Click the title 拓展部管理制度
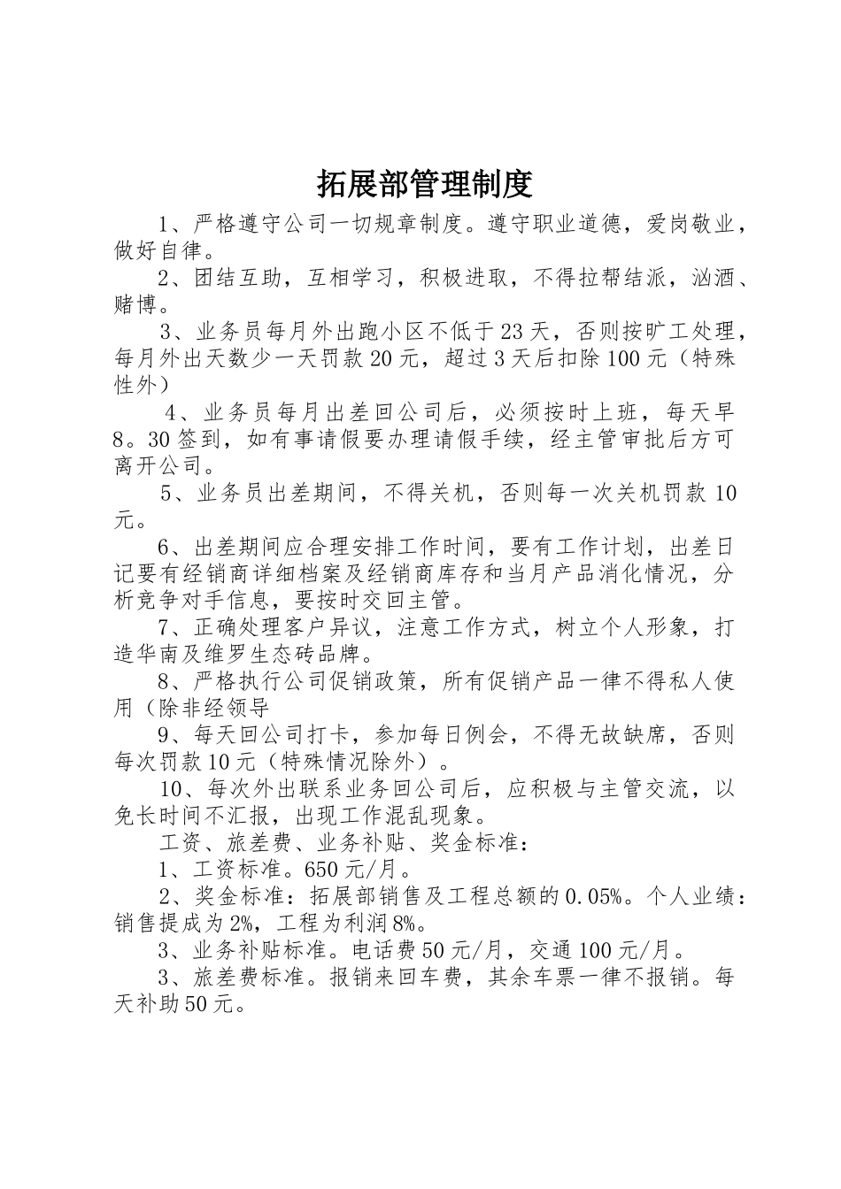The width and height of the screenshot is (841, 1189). tap(424, 184)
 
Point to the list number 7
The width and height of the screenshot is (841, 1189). tap(165, 628)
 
